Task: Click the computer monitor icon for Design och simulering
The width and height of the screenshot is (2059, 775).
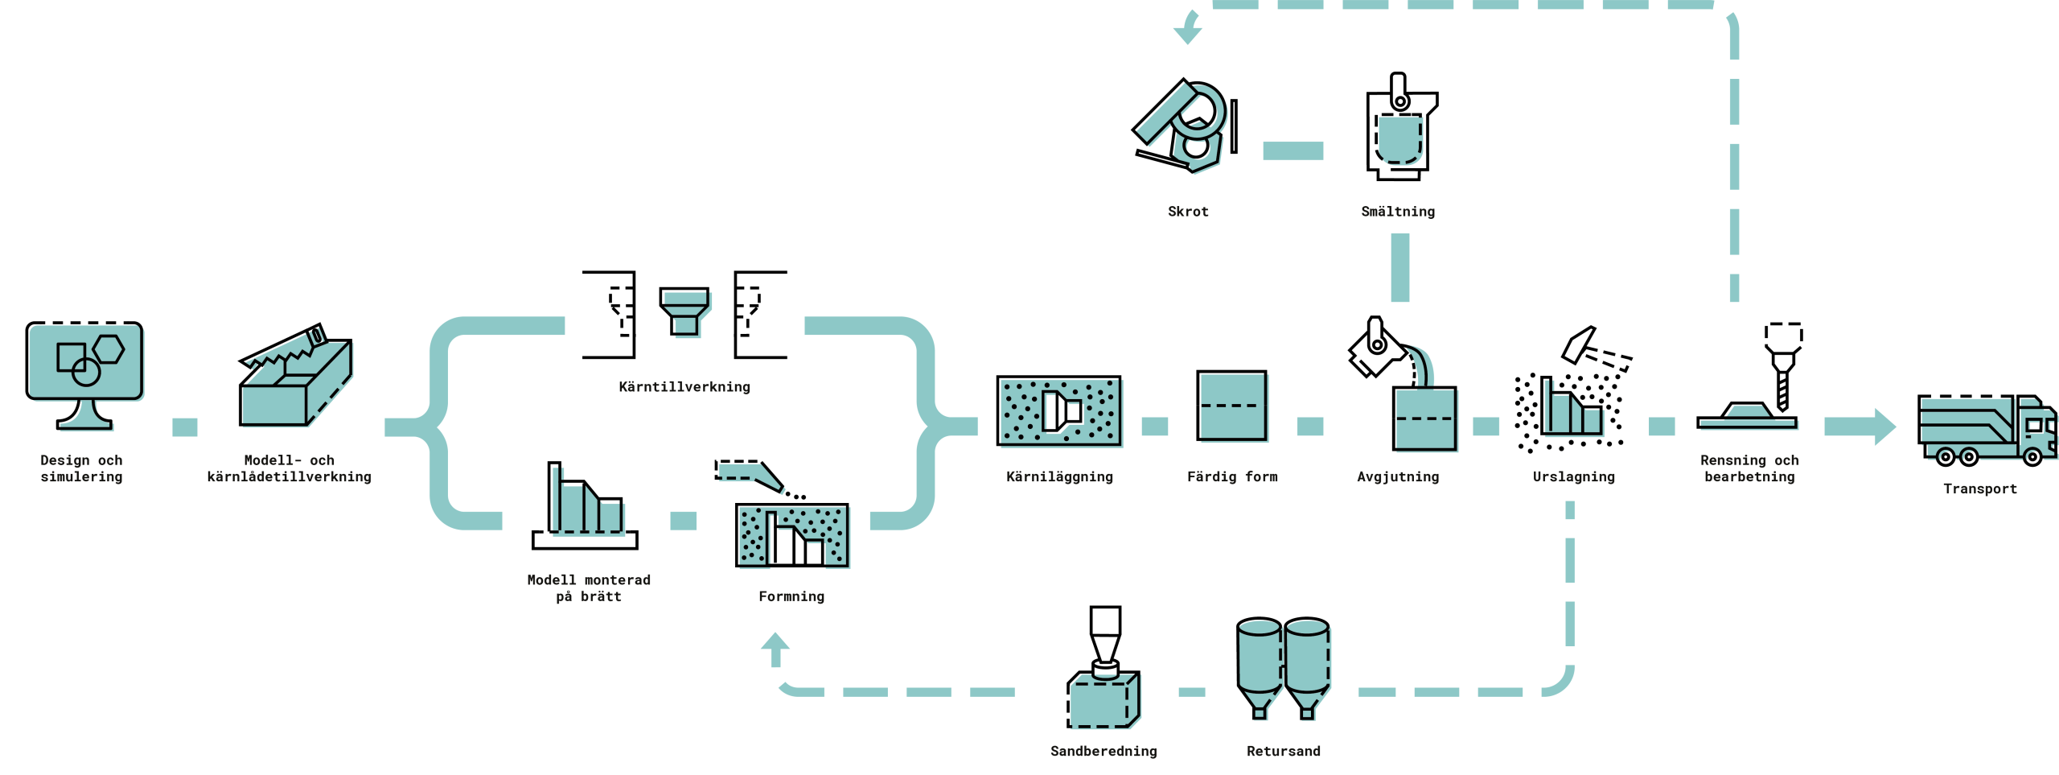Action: click(84, 373)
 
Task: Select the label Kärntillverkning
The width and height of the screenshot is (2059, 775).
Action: click(684, 387)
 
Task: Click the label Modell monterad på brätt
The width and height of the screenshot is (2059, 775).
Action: click(589, 588)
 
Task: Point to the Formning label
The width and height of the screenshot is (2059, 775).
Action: click(791, 596)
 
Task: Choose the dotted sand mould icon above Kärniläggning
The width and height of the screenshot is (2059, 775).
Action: click(1058, 410)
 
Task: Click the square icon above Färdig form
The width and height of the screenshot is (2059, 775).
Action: click(1231, 406)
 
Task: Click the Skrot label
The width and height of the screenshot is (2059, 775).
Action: click(1188, 212)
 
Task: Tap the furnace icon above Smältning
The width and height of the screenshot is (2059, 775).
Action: click(1400, 129)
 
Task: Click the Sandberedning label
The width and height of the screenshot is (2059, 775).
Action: click(1103, 751)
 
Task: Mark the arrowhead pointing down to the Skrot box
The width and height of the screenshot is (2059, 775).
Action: click(1187, 33)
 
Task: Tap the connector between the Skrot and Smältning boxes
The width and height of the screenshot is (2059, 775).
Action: click(1293, 150)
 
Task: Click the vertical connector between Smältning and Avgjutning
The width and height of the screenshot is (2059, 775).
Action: click(1399, 267)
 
